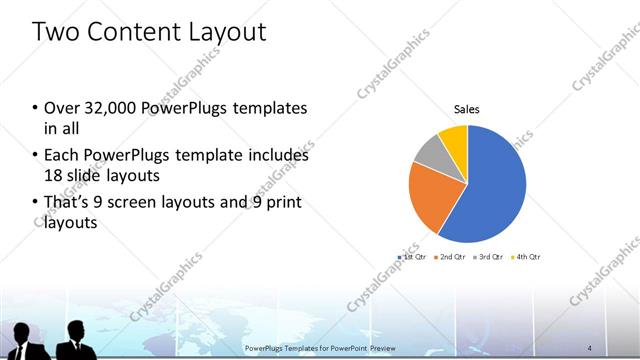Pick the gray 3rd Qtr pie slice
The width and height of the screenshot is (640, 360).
point(428,151)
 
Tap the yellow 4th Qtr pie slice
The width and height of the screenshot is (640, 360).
point(454,138)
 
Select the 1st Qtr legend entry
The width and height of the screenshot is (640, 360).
point(412,258)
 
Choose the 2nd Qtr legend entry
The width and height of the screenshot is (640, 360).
point(451,258)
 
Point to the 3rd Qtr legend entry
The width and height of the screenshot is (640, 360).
point(490,258)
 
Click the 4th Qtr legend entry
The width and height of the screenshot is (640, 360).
point(527,258)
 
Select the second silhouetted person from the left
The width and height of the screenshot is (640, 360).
point(74,341)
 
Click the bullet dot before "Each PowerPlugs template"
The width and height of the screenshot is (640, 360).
point(36,157)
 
